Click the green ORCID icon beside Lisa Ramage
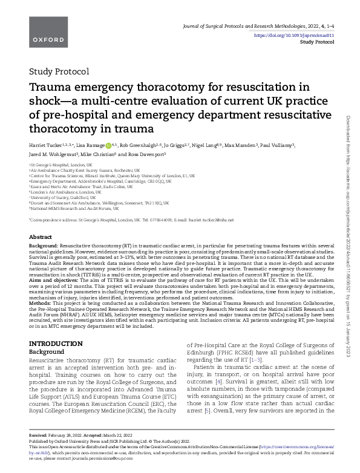click(x=108, y=146)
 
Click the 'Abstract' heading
click(x=41, y=237)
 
